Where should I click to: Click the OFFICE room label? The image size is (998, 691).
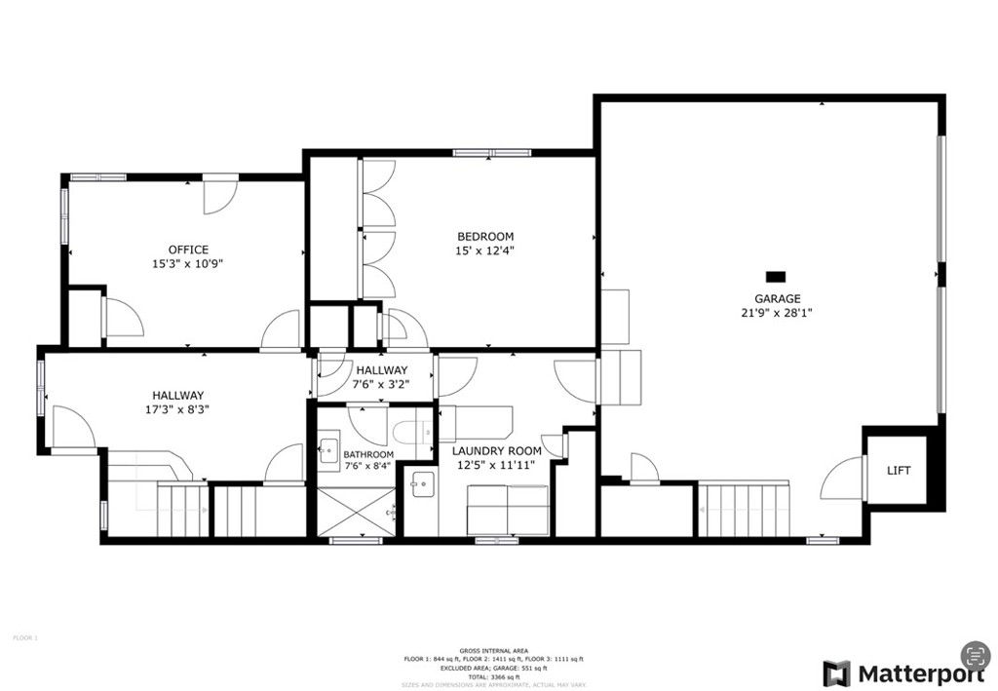pyautogui.click(x=188, y=250)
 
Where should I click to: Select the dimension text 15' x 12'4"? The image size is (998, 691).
pyautogui.click(x=485, y=250)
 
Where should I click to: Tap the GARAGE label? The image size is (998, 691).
pyautogui.click(x=777, y=299)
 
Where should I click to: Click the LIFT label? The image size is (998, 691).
pyautogui.click(x=899, y=471)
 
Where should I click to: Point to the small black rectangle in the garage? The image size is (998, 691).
pyautogui.click(x=776, y=277)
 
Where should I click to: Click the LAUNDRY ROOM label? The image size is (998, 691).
pyautogui.click(x=496, y=450)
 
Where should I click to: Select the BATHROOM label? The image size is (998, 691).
pyautogui.click(x=368, y=454)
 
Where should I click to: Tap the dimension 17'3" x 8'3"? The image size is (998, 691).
pyautogui.click(x=177, y=410)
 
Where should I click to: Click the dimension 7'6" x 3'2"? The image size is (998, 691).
pyautogui.click(x=381, y=384)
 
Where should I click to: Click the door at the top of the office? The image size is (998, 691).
pyautogui.click(x=217, y=196)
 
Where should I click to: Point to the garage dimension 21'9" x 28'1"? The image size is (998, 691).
pyautogui.click(x=777, y=313)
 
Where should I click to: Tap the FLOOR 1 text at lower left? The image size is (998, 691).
pyautogui.click(x=24, y=637)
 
